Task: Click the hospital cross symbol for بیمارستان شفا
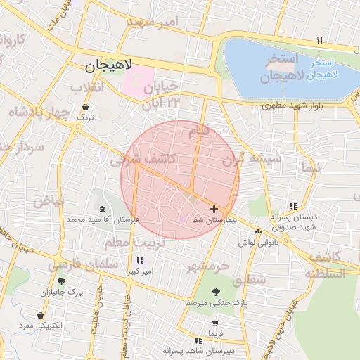214,210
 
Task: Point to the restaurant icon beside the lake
320,39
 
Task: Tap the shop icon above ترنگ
85,108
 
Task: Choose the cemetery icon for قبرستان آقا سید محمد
103,210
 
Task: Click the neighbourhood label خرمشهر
208,268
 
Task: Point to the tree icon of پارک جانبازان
61,281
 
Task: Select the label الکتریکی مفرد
58,326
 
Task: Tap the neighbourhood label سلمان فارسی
77,265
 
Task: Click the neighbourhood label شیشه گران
252,160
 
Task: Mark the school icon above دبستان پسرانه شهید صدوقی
293,206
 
